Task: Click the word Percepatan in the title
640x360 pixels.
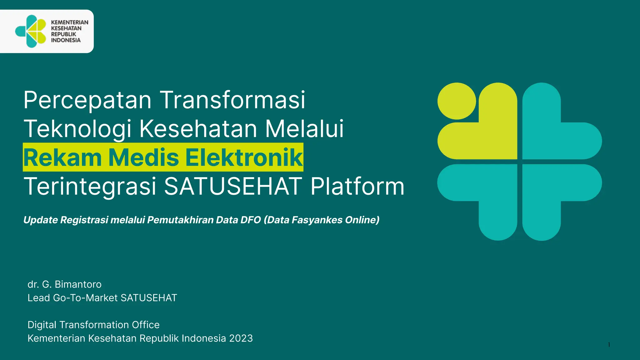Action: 87,100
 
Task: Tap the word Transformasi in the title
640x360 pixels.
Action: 233,100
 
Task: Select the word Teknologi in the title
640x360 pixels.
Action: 77,129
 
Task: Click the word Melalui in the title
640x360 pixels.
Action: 304,129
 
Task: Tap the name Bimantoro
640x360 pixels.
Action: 78,284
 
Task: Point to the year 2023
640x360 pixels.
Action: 241,338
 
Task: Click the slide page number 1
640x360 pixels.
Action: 609,345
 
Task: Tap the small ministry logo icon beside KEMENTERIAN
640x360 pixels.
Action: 31,31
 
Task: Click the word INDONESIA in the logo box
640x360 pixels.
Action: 66,40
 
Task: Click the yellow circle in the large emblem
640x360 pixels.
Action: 457,101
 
